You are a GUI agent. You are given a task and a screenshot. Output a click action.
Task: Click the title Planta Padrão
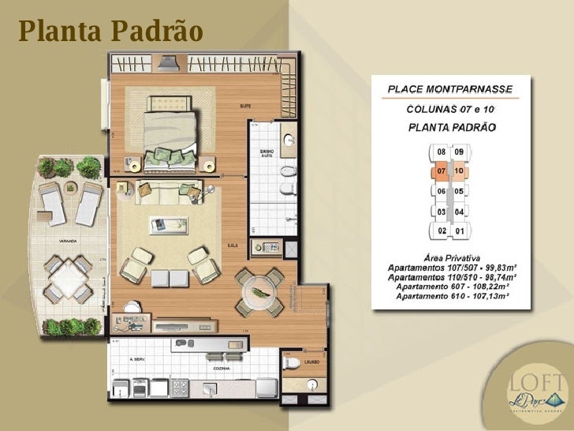(x=111, y=32)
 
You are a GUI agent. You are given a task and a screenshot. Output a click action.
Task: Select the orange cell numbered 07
(x=442, y=171)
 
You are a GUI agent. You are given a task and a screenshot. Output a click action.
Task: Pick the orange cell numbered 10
(x=459, y=171)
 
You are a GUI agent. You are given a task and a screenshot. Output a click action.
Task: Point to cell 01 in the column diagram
(x=459, y=230)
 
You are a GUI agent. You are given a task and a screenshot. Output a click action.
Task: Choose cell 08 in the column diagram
(x=442, y=152)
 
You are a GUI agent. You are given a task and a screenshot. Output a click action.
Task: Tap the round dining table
(x=261, y=290)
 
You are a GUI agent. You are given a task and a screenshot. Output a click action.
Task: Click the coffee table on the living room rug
(x=170, y=224)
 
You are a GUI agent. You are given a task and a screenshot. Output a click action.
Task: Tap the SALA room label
(x=233, y=246)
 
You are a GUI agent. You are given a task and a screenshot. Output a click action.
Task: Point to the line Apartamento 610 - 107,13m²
(x=452, y=295)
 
